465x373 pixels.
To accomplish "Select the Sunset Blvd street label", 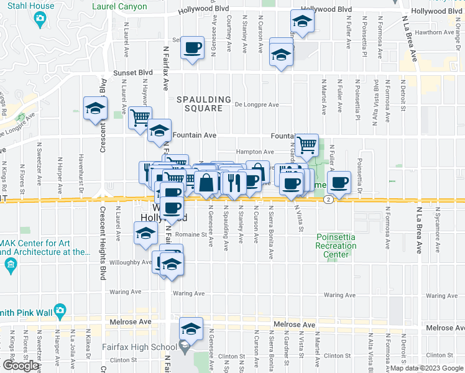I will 132,73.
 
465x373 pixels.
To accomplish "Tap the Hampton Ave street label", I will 255,152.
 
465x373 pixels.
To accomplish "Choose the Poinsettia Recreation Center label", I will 336,246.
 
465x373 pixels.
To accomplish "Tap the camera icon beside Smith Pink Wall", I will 60,310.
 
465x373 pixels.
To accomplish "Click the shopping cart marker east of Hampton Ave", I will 306,145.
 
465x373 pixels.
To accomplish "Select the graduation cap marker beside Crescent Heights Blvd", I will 96,109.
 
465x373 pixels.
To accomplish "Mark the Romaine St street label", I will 190,235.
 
